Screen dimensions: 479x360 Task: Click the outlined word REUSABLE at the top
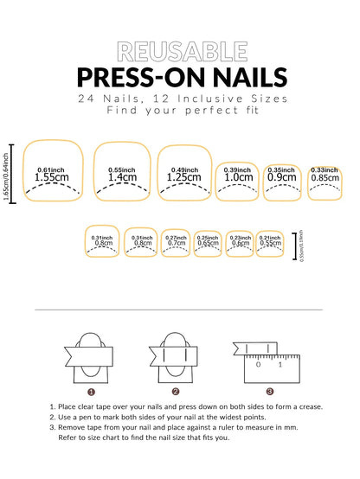pos(179,52)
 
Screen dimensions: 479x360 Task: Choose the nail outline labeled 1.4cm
pos(121,170)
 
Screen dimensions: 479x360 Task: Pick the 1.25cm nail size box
pos(184,171)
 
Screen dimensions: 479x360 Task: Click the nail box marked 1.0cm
pos(239,181)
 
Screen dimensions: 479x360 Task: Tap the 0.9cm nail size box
pos(285,181)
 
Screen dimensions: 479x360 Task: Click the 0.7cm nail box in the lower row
pos(176,243)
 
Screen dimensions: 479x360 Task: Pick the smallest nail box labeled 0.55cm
pos(269,243)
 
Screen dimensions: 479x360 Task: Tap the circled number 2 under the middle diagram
pos(176,391)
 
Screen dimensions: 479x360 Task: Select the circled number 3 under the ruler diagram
pos(269,391)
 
